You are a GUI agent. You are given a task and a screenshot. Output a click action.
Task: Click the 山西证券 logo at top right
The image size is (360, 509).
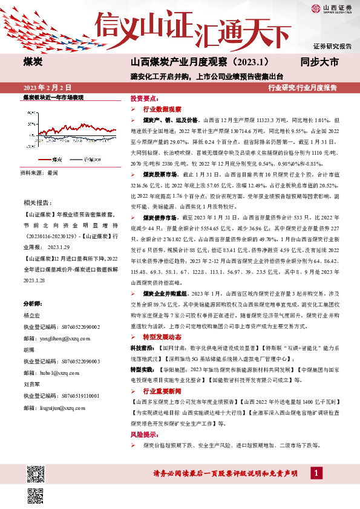[330, 8]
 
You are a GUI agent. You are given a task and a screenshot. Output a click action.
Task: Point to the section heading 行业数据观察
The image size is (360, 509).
[162, 109]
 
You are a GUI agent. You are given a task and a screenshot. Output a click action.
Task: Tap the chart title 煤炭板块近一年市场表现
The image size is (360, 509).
[53, 97]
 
